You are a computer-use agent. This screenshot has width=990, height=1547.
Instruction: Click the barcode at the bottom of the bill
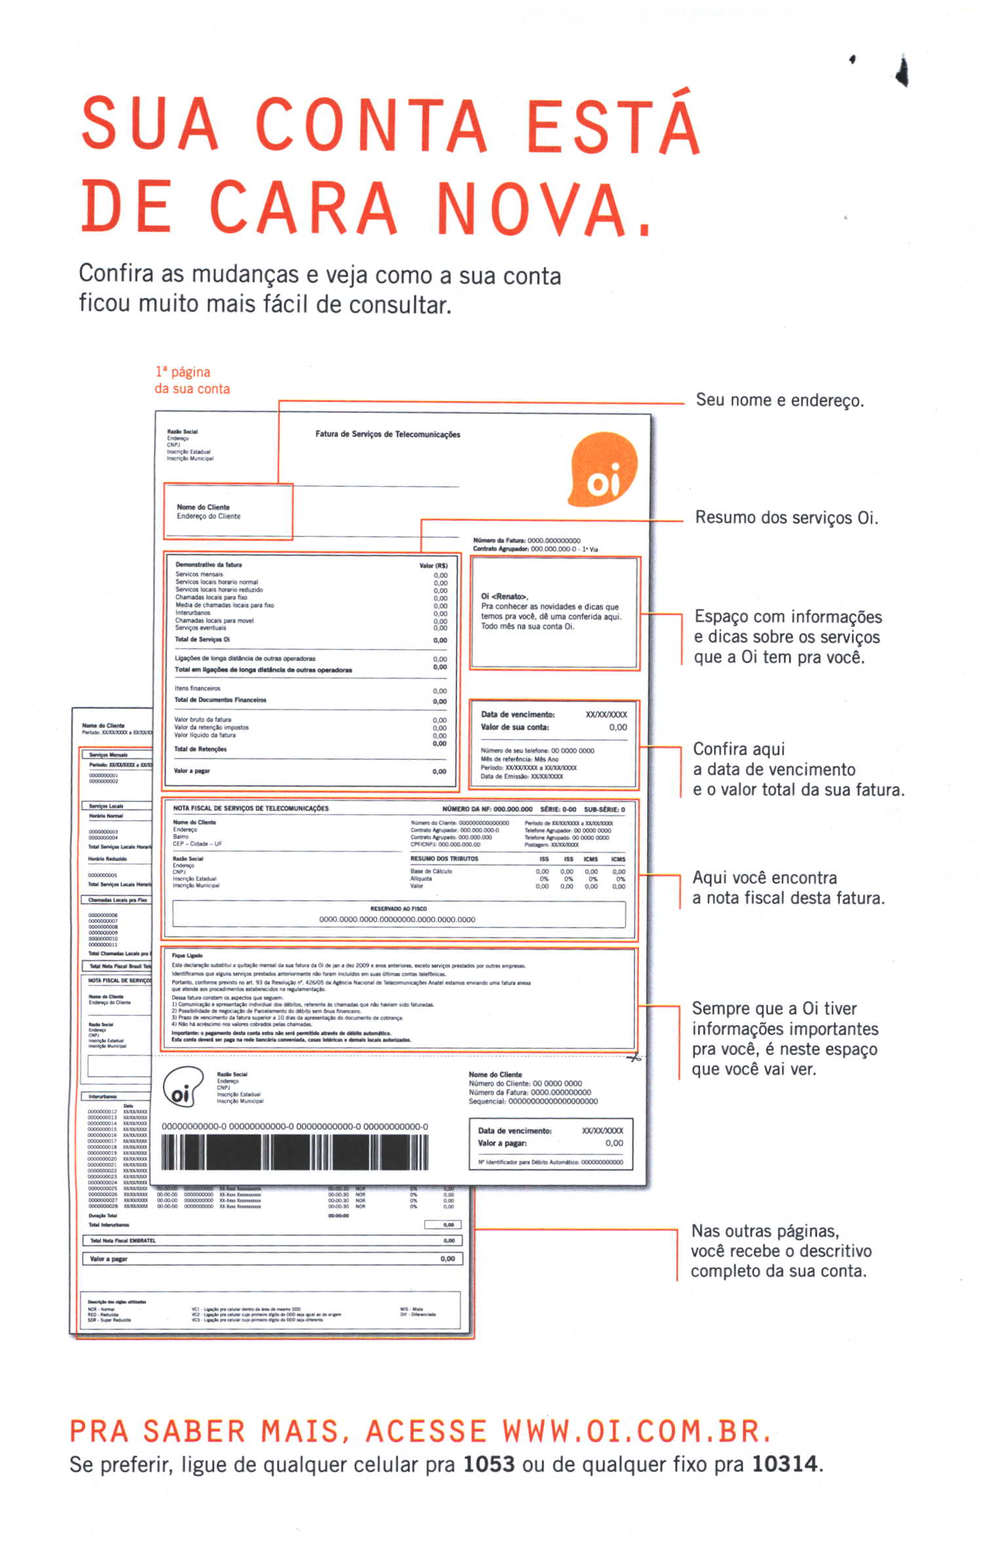point(295,1152)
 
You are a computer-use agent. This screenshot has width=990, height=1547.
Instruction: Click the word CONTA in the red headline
point(371,124)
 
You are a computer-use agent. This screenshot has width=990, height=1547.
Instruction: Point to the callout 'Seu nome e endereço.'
point(779,400)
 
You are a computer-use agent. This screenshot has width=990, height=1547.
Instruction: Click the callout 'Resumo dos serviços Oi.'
point(786,518)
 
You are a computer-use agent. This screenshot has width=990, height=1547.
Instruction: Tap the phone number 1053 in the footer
point(488,1464)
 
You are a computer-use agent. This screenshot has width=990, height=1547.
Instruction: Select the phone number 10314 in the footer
point(784,1464)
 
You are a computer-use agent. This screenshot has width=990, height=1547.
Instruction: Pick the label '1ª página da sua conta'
point(191,380)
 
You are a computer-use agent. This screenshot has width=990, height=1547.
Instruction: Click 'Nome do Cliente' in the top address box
point(203,507)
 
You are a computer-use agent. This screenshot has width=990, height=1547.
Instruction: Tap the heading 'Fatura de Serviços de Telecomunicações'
point(388,434)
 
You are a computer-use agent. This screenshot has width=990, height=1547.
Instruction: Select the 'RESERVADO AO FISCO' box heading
point(398,908)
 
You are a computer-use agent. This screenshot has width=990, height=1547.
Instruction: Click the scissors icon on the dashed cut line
point(633,1057)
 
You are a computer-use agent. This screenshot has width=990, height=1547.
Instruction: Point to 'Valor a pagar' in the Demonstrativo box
point(192,771)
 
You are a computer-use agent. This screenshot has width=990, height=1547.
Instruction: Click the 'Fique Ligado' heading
point(187,956)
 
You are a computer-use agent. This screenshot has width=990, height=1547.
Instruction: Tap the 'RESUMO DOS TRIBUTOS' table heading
point(444,859)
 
